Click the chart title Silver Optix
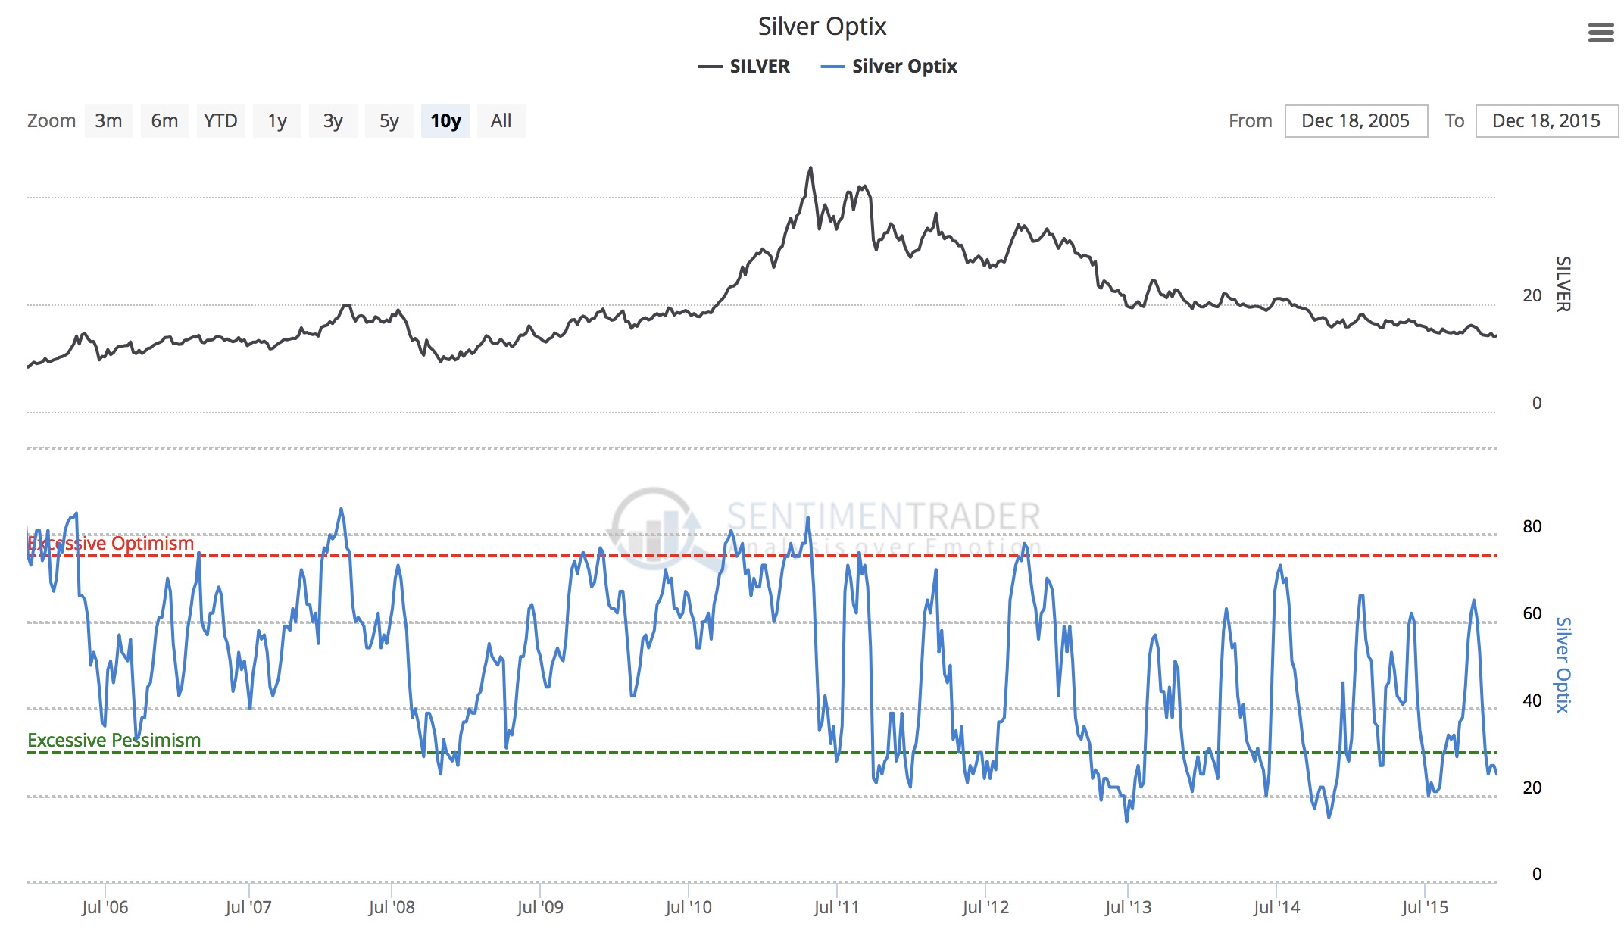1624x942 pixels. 822,27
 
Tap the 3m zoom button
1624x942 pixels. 108,121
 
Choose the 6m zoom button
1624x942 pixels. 164,121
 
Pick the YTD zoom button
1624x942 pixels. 220,121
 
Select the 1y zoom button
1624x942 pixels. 277,121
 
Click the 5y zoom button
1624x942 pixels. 389,121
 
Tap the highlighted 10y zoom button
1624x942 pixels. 445,121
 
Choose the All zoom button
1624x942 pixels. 501,121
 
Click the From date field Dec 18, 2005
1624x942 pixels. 1356,121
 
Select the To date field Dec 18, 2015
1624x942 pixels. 1546,121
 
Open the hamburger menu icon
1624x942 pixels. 1601,33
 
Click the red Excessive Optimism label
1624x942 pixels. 111,544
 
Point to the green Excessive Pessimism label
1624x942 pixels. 114,740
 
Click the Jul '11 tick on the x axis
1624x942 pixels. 836,907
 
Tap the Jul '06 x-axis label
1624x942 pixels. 105,907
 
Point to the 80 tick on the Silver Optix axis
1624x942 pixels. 1532,526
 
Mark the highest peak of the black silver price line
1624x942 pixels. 810,168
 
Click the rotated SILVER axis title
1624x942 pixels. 1563,284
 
